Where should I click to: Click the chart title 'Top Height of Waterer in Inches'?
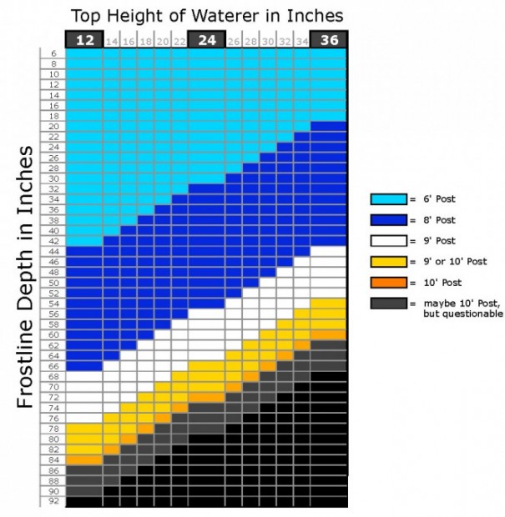206,16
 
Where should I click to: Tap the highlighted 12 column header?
84,39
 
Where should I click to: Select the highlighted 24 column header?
206,39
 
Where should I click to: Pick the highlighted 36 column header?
328,39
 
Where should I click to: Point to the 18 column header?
145,40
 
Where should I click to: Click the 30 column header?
267,40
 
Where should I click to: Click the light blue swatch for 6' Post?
388,199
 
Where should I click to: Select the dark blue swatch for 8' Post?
388,220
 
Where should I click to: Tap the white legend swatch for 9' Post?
388,241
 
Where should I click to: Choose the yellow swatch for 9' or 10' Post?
388,262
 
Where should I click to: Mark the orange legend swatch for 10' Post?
388,283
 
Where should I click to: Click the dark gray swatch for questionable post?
388,304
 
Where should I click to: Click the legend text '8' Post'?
441,220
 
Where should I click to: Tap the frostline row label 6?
53,53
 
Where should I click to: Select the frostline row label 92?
53,502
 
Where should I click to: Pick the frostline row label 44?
53,251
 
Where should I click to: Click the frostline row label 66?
53,366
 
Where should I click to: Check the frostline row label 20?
53,126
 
